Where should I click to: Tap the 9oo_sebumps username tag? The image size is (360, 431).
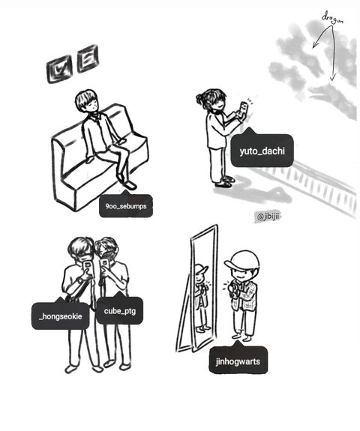pos(126,205)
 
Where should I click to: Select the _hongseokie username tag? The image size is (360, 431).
pos(61,315)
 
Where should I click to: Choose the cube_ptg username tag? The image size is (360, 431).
pos(120,310)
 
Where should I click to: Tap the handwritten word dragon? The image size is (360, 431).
pos(333,18)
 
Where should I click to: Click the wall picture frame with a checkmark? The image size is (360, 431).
pos(59,69)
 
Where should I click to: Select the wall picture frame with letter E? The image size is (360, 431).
pos(88,58)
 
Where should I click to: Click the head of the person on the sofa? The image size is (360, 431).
pos(87,101)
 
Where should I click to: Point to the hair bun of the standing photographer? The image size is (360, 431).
pos(200,98)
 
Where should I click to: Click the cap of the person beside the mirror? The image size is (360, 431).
pos(242,261)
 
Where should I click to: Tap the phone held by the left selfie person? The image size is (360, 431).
pos(88,268)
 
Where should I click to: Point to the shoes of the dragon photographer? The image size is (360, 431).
pos(226,181)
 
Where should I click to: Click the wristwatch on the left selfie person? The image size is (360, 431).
pos(80,281)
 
